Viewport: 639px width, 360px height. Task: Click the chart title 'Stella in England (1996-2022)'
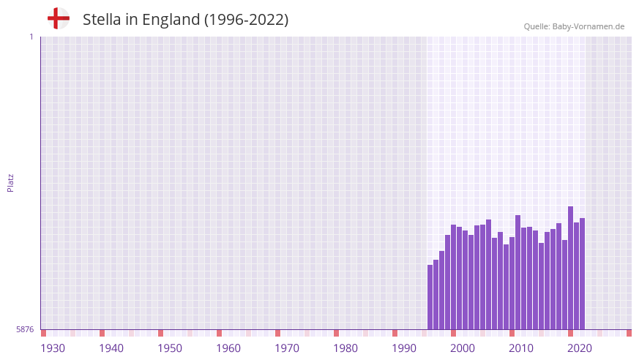tap(185, 20)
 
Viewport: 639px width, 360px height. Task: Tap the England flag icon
tap(59, 18)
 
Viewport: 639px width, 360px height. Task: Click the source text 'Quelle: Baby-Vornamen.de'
tap(574, 26)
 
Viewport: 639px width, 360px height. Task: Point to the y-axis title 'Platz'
tap(10, 182)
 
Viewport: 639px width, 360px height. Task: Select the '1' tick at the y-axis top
tap(31, 37)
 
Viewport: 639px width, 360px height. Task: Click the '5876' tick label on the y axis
tap(25, 330)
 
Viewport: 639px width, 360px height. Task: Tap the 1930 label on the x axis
tap(53, 348)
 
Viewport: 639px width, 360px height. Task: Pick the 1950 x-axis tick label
tap(170, 348)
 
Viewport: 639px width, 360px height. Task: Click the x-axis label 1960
tap(228, 348)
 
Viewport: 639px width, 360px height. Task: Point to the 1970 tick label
tap(287, 348)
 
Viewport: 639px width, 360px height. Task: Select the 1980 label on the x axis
tap(345, 348)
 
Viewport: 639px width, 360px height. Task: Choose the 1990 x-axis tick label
tap(404, 348)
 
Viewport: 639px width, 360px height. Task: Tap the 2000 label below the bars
tap(463, 348)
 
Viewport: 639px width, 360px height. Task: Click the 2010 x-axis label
tap(521, 348)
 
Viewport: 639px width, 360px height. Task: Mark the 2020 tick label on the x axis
tap(580, 348)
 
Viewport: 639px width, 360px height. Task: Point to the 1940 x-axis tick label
tap(111, 348)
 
